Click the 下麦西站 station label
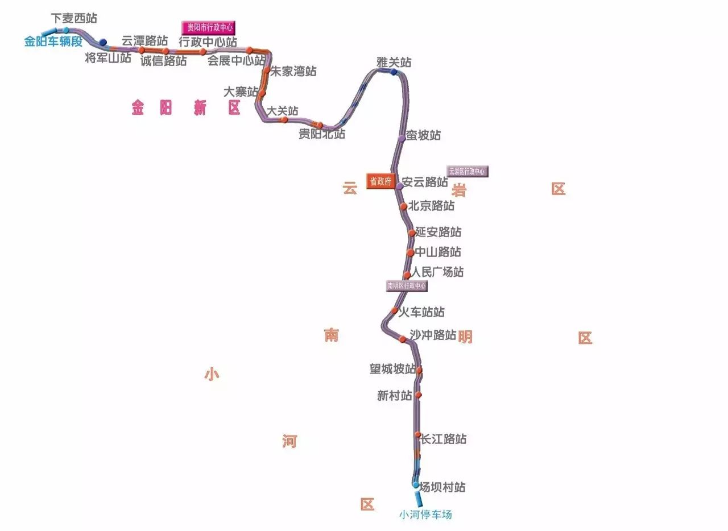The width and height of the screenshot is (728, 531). point(74,18)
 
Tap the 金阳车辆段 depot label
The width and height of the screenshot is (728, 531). point(53,42)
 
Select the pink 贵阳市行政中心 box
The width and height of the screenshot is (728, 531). point(208,27)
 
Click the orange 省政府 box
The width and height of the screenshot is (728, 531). point(380,181)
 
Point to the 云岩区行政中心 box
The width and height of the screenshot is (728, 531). point(468,171)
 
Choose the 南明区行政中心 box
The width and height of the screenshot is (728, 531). point(407,286)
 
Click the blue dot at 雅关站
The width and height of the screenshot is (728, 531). point(394,72)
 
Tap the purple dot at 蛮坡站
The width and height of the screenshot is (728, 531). point(402,138)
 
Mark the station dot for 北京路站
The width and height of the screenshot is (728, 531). point(403,207)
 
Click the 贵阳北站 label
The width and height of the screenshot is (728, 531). point(322,135)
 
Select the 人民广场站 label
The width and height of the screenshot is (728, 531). point(437,272)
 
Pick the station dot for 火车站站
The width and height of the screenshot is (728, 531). point(394,310)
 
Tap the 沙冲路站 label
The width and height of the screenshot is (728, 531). point(433,335)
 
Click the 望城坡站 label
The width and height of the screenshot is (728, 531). point(392,370)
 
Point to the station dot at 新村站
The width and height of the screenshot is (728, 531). point(418,395)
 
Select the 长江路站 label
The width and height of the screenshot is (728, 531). point(444,439)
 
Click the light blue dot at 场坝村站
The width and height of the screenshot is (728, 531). point(416,485)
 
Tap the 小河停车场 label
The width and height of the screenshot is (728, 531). point(425,515)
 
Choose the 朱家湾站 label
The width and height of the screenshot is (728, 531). point(293,72)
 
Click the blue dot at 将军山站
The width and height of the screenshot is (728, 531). point(103,42)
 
